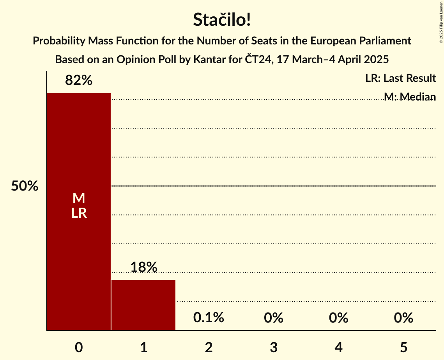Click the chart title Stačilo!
click(222, 20)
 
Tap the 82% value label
click(79, 80)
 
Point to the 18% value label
click(143, 267)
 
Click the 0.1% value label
click(209, 318)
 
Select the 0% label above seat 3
click(274, 318)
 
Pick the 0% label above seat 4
click(338, 318)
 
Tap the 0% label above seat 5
click(403, 318)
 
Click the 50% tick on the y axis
click(25, 186)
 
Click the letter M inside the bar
click(79, 198)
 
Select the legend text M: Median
click(410, 97)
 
